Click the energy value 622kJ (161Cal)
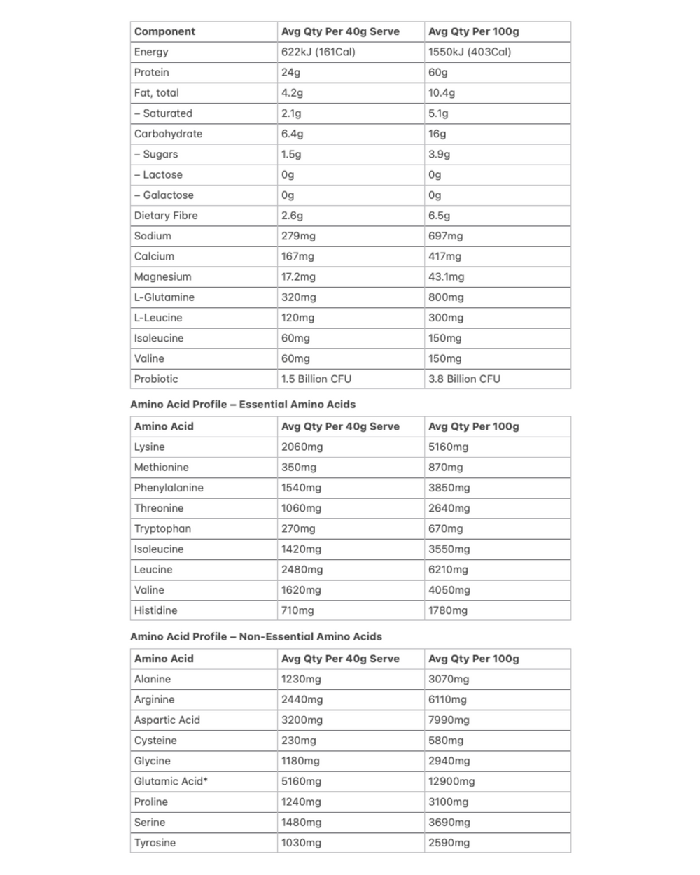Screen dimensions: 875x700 (x=318, y=52)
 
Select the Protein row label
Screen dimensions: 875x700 (x=151, y=72)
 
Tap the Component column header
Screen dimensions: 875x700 (x=164, y=31)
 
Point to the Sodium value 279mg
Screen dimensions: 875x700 (x=298, y=236)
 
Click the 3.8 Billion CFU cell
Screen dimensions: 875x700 (x=464, y=379)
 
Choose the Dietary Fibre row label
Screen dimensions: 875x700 (x=166, y=216)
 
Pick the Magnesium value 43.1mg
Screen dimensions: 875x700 (x=446, y=276)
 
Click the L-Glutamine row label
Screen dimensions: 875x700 (x=164, y=297)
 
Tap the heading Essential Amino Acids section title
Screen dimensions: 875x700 (x=242, y=405)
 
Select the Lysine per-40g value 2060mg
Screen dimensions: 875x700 (x=302, y=447)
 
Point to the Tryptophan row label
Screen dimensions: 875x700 (x=162, y=528)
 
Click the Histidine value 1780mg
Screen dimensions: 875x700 (x=448, y=610)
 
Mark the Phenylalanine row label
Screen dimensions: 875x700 (x=169, y=488)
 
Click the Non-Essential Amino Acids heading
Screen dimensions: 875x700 (x=255, y=637)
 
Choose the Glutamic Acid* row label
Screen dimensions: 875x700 (x=171, y=781)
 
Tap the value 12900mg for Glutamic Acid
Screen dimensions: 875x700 (x=451, y=781)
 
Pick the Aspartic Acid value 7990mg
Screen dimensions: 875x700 (x=449, y=720)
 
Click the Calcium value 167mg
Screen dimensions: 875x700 (x=297, y=256)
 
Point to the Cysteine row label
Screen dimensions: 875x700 (x=155, y=741)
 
